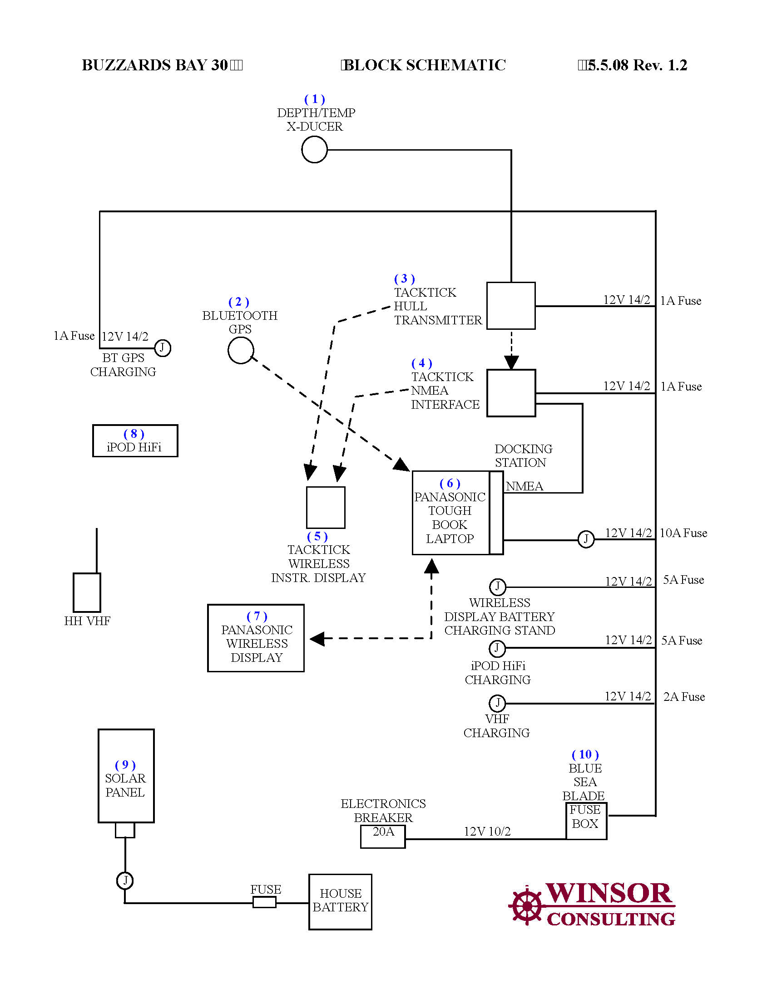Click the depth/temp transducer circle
click(x=314, y=149)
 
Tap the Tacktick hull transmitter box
click(x=511, y=306)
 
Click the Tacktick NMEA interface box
click(x=511, y=393)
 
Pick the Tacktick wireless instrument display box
click(x=326, y=507)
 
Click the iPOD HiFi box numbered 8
click(x=135, y=440)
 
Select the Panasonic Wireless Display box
click(x=256, y=638)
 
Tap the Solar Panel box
click(x=126, y=775)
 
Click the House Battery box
click(x=340, y=901)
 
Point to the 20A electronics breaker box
click(x=383, y=836)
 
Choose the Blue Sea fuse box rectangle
click(x=586, y=821)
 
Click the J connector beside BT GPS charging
click(x=163, y=348)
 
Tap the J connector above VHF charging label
click(x=497, y=703)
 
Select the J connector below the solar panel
click(x=125, y=880)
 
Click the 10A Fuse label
click(x=683, y=533)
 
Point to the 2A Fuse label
click(x=684, y=697)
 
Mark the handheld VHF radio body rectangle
click(x=87, y=592)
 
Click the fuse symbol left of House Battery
click(x=264, y=902)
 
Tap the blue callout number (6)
click(x=450, y=484)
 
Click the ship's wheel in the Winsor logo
click(x=526, y=906)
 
